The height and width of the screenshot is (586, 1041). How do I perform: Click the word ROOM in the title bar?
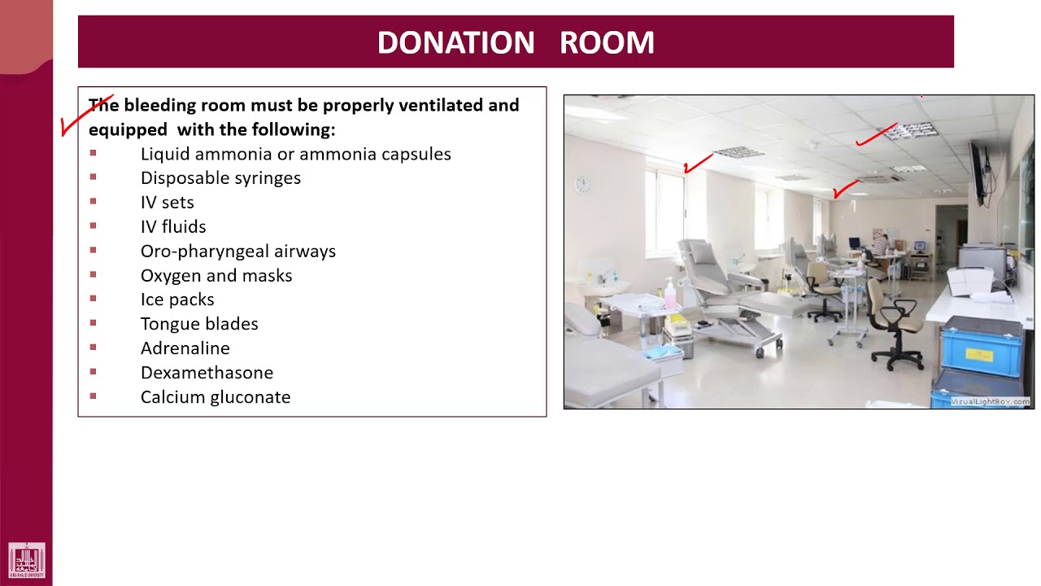(x=607, y=42)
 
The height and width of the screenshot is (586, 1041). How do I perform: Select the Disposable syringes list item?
(x=220, y=178)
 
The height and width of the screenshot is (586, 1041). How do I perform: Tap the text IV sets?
(x=167, y=203)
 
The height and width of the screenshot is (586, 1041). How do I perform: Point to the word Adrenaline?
(x=185, y=348)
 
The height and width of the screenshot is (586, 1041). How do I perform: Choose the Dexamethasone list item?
(x=207, y=373)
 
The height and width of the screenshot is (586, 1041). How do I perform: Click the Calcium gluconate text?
(x=215, y=397)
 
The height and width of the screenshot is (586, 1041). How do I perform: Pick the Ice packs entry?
(x=177, y=300)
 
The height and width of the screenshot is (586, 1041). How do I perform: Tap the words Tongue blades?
(x=199, y=324)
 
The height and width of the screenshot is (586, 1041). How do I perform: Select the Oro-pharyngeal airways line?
(x=237, y=251)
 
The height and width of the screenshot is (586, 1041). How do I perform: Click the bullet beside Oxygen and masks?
(x=94, y=274)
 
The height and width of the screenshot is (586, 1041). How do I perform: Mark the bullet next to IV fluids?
(x=94, y=225)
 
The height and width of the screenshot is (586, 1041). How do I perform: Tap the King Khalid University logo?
(x=27, y=561)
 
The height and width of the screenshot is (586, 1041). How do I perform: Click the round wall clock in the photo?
(x=583, y=185)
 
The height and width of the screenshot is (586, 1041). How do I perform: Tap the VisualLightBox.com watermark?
(x=990, y=401)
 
